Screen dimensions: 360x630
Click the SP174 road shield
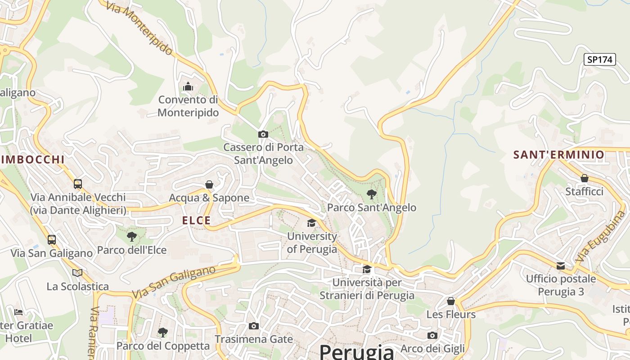pyautogui.click(x=599, y=59)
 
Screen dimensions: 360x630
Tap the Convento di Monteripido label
pyautogui.click(x=188, y=106)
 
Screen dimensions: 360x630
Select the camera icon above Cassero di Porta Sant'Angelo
pyautogui.click(x=263, y=134)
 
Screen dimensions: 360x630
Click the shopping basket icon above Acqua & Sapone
pyautogui.click(x=209, y=184)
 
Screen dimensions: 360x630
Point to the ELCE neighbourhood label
pyautogui.click(x=196, y=220)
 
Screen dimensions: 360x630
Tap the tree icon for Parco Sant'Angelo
pyautogui.click(x=372, y=194)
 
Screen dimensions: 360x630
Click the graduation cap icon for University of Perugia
pyautogui.click(x=311, y=223)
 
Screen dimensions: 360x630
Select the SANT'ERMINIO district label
pyautogui.click(x=559, y=155)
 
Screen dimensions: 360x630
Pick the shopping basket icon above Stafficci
pyautogui.click(x=584, y=178)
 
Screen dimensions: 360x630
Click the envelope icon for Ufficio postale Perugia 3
pyautogui.click(x=561, y=266)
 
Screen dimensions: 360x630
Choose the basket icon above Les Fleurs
pyautogui.click(x=450, y=301)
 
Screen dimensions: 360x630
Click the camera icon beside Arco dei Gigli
pyautogui.click(x=432, y=335)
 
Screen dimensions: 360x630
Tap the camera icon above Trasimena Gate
pyautogui.click(x=254, y=326)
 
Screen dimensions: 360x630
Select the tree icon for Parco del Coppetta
pyautogui.click(x=163, y=333)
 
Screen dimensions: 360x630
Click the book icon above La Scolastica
pyautogui.click(x=77, y=273)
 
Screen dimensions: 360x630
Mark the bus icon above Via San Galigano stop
pyautogui.click(x=52, y=240)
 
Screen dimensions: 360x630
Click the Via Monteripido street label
pyautogui.click(x=140, y=28)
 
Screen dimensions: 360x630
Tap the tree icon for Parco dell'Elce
pyautogui.click(x=132, y=236)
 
